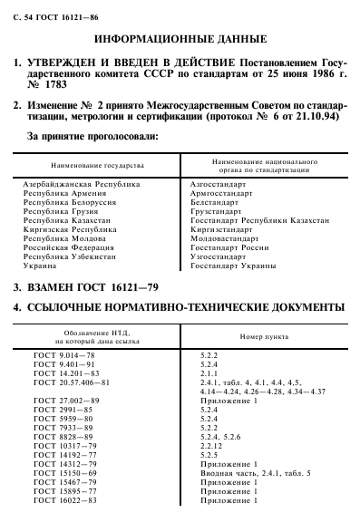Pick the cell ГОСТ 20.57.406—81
[70, 384]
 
